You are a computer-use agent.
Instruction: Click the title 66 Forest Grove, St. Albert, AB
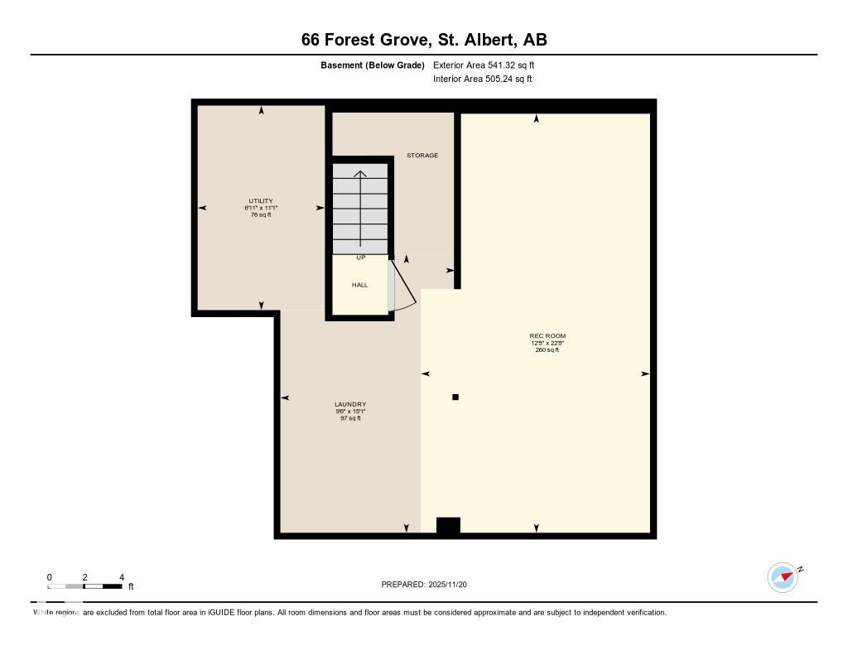pos(424,40)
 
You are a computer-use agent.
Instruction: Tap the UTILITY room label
pos(261,201)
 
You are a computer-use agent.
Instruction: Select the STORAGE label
pos(422,156)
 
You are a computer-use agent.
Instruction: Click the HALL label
pos(359,285)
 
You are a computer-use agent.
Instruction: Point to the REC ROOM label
pos(547,336)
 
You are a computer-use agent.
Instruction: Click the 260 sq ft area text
pos(547,350)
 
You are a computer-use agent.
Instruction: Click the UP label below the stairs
pos(361,258)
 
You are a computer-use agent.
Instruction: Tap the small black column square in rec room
pos(455,397)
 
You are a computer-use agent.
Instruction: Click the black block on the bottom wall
pos(448,526)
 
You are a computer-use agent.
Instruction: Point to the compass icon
pos(783,577)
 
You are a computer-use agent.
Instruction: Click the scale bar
pos(85,587)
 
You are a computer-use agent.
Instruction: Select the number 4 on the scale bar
pos(122,577)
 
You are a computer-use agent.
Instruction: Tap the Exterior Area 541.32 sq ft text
pos(489,65)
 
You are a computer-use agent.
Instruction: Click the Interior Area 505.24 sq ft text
pos(482,79)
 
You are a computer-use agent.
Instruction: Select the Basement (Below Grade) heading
pos(373,65)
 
